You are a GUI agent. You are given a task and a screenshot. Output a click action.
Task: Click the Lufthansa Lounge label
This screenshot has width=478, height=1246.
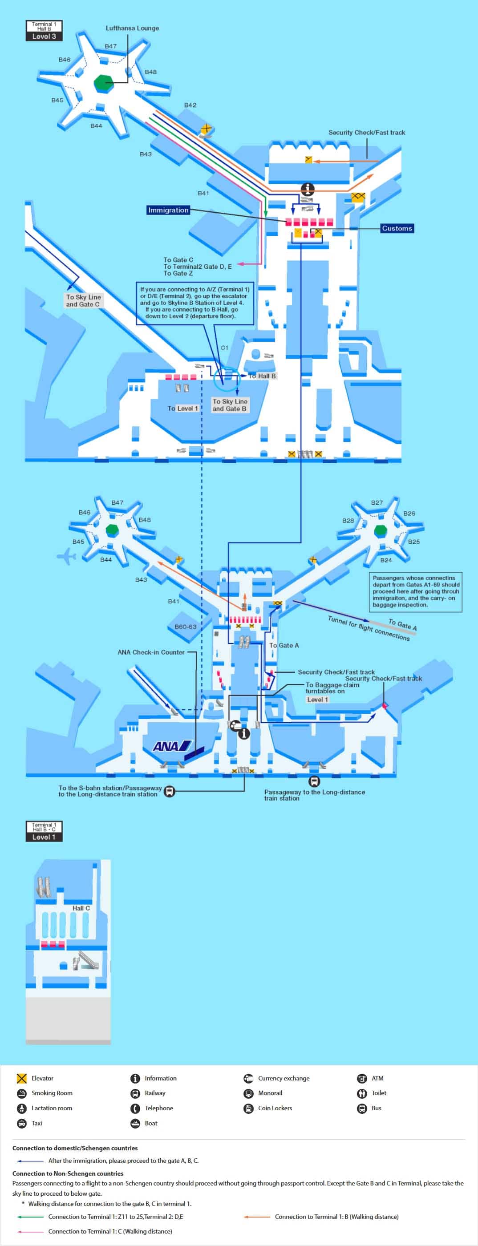pyautogui.click(x=132, y=28)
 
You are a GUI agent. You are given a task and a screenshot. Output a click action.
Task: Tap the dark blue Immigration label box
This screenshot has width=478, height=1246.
pyautogui.click(x=168, y=210)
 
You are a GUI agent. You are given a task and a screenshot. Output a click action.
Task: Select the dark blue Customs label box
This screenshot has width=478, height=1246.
pyautogui.click(x=397, y=228)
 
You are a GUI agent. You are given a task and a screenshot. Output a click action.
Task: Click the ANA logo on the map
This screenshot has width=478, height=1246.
pyautogui.click(x=172, y=746)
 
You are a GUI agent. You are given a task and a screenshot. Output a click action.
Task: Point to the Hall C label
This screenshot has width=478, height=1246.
pyautogui.click(x=81, y=908)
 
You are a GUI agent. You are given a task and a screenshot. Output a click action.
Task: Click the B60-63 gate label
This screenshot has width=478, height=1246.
pyautogui.click(x=185, y=627)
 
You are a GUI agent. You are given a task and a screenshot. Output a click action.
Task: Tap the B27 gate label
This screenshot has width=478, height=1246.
pyautogui.click(x=377, y=502)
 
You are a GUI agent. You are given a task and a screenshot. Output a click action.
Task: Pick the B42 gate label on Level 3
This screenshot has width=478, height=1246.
pyautogui.click(x=190, y=105)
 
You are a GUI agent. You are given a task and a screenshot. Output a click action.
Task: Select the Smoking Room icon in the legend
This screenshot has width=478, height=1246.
pyautogui.click(x=22, y=1092)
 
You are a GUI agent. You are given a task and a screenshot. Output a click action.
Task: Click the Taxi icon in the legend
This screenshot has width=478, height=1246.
pyautogui.click(x=22, y=1123)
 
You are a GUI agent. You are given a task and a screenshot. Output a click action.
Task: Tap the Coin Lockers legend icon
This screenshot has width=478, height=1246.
pyautogui.click(x=248, y=1108)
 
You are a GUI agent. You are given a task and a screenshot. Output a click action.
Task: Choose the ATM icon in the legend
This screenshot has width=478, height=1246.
pyautogui.click(x=362, y=1078)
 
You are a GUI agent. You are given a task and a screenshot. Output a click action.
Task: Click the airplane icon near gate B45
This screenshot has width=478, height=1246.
pyautogui.click(x=67, y=557)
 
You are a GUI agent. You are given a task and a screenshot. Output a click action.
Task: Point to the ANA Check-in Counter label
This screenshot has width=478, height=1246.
pyautogui.click(x=151, y=652)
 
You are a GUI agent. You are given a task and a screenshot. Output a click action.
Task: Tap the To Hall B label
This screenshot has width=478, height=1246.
pyautogui.click(x=262, y=376)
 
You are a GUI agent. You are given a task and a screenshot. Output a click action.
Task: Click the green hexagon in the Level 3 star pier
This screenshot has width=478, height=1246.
pyautogui.click(x=103, y=83)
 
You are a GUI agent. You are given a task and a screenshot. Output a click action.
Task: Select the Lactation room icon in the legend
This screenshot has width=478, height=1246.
pyautogui.click(x=22, y=1108)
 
